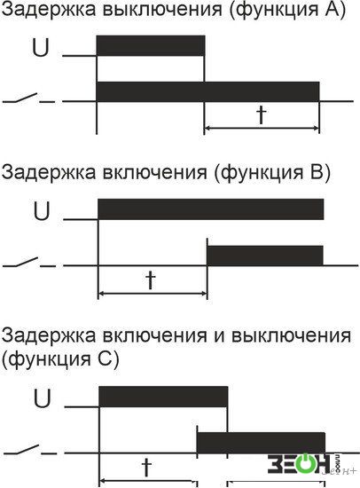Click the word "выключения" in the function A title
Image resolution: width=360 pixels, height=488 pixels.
pyautogui.click(x=161, y=10)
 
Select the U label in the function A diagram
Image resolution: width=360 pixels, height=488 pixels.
pyautogui.click(x=41, y=48)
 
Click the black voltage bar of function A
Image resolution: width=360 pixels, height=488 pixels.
pyautogui.click(x=151, y=45)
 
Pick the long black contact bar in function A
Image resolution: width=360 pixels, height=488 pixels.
pyautogui.click(x=207, y=91)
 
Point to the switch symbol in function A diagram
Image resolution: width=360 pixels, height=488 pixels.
pyautogui.click(x=29, y=98)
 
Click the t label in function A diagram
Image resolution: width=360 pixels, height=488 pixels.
pyautogui.click(x=262, y=114)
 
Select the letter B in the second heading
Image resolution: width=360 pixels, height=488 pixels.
pyautogui.click(x=313, y=172)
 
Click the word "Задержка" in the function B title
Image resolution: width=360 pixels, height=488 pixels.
pyautogui.click(x=49, y=173)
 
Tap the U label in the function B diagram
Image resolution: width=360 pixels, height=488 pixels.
pyautogui.click(x=42, y=211)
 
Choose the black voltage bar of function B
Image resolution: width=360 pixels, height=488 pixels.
pyautogui.click(x=211, y=209)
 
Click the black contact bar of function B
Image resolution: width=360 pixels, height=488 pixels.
pyautogui.click(x=265, y=256)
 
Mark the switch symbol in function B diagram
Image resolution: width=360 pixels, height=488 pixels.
pyautogui.click(x=29, y=263)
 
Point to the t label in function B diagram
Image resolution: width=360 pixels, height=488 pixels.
pyautogui.click(x=151, y=279)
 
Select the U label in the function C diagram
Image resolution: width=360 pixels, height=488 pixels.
pyautogui.click(x=42, y=398)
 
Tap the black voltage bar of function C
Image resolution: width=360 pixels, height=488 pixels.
pyautogui.click(x=163, y=397)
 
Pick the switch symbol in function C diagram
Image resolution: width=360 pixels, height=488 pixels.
pyautogui.click(x=30, y=450)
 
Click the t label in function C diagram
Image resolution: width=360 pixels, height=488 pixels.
pyautogui.click(x=146, y=467)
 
